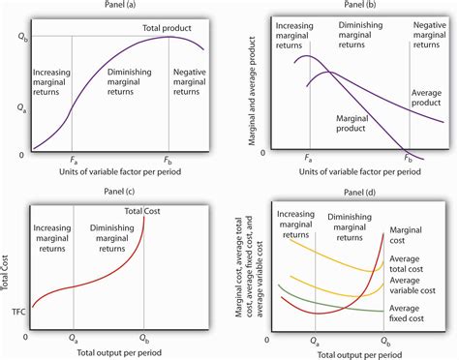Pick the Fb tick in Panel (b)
(x=409, y=157)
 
